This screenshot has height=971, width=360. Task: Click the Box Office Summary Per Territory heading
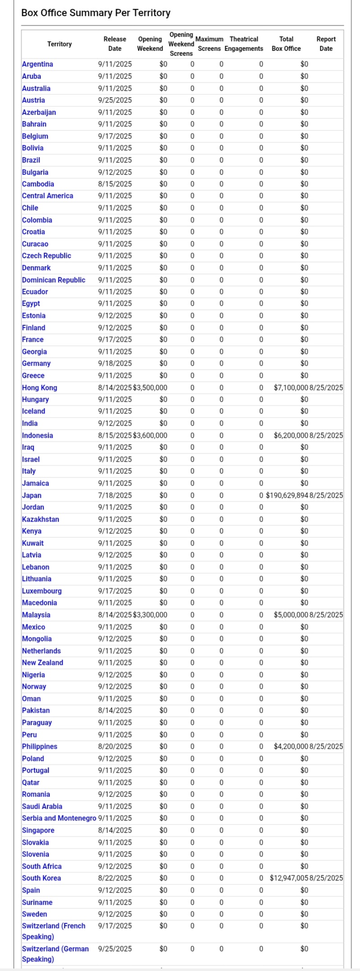click(x=96, y=13)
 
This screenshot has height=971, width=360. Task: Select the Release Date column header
click(x=115, y=44)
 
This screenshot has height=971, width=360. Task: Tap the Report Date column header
click(x=326, y=44)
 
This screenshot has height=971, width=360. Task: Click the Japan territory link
click(x=32, y=495)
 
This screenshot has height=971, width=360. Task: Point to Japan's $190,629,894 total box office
click(x=287, y=495)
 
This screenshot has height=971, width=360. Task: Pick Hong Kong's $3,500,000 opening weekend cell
click(x=150, y=388)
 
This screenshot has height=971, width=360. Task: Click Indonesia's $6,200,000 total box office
click(x=291, y=435)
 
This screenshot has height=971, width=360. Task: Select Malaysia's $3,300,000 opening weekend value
click(x=150, y=615)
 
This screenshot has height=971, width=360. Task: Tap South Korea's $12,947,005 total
click(x=289, y=878)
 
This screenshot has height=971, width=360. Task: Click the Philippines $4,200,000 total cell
click(x=291, y=747)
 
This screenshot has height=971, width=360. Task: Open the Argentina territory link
click(x=37, y=64)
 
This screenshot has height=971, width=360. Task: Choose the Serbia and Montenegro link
click(x=59, y=818)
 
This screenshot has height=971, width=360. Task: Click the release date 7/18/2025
click(x=115, y=495)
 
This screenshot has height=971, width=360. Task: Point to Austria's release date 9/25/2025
click(x=115, y=100)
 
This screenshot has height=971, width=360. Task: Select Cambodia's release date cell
click(x=115, y=184)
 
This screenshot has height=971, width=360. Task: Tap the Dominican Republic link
click(x=54, y=280)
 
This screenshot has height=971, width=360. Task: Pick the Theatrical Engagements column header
click(x=244, y=44)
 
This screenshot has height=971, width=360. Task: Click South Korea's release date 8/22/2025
click(x=115, y=878)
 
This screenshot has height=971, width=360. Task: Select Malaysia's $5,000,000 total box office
click(x=291, y=615)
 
